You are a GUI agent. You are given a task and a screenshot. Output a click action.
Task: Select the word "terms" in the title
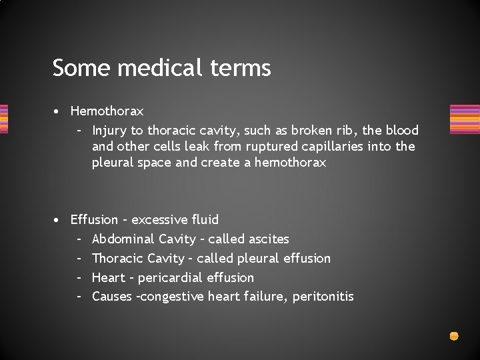click(247, 68)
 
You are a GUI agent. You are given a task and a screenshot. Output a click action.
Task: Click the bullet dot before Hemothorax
click(59, 111)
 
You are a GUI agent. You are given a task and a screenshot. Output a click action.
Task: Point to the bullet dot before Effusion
click(59, 220)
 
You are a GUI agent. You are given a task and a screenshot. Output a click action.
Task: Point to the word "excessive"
click(160, 219)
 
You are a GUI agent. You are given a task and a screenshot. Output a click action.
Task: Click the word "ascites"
click(269, 239)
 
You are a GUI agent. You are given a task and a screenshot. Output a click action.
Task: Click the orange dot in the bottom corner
click(454, 336)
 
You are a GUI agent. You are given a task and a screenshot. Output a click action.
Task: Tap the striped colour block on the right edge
click(465, 119)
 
